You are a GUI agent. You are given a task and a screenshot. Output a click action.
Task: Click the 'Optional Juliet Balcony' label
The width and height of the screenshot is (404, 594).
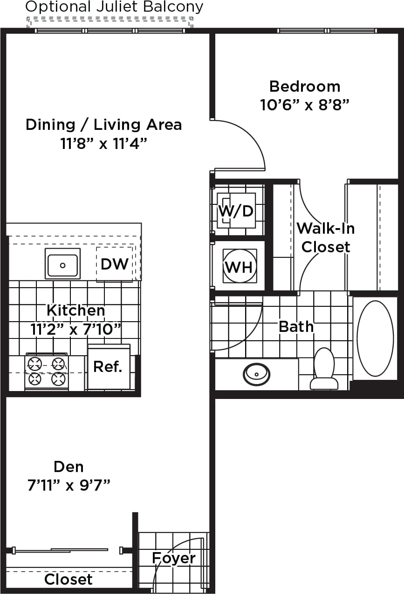click(114, 7)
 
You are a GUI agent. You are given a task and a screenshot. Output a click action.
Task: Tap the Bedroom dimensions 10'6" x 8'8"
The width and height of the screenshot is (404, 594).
click(304, 105)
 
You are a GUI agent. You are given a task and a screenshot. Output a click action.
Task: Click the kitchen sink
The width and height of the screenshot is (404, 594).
click(62, 263)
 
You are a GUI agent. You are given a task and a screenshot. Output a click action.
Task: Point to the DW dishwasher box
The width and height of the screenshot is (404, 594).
click(115, 264)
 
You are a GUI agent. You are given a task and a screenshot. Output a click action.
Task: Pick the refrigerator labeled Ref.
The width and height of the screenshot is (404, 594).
click(109, 367)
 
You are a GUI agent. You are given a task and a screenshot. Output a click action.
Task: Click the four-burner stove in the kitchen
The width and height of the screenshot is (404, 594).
click(47, 371)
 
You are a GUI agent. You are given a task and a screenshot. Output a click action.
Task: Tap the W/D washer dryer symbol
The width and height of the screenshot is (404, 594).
click(237, 211)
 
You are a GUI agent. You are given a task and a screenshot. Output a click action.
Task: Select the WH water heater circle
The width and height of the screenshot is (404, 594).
click(240, 266)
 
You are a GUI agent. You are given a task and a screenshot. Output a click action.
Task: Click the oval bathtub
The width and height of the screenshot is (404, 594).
click(375, 338)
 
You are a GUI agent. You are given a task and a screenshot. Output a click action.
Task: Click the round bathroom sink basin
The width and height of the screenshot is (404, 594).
click(256, 373)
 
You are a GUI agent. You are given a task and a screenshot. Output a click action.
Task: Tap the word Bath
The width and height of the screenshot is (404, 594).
click(296, 327)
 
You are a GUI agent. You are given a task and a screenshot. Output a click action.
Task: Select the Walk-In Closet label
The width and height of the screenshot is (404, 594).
click(325, 237)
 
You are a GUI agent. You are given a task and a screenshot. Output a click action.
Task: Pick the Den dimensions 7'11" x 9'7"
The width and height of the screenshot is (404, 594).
click(69, 486)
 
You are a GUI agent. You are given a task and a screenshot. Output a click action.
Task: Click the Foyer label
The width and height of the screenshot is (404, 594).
click(174, 558)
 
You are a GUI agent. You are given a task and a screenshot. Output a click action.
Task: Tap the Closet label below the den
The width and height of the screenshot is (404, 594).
click(68, 580)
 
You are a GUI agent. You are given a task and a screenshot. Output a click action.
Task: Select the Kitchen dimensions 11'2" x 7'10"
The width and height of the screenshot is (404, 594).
click(75, 329)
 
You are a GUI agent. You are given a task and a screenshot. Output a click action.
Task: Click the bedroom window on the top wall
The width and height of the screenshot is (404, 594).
click(327, 31)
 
